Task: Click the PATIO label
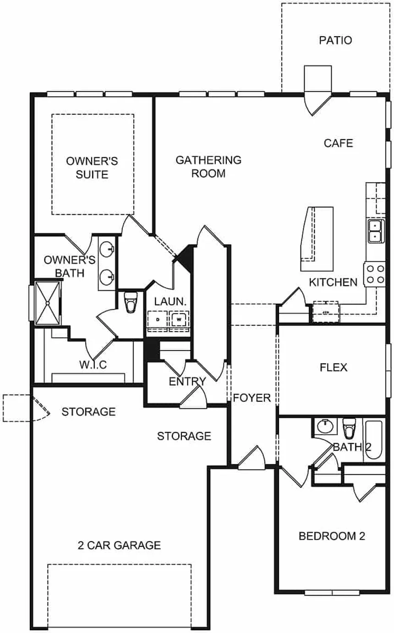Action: pyautogui.click(x=335, y=40)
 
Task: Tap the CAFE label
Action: pyautogui.click(x=339, y=143)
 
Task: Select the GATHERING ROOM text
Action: pyautogui.click(x=208, y=167)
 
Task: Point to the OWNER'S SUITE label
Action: pyautogui.click(x=92, y=168)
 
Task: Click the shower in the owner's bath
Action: pyautogui.click(x=48, y=303)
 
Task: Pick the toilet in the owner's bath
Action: pyautogui.click(x=131, y=302)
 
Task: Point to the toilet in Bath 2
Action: pyautogui.click(x=350, y=428)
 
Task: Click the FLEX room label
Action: pyautogui.click(x=333, y=368)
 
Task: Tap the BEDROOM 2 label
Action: pyautogui.click(x=332, y=536)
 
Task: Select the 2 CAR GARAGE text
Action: pyautogui.click(x=119, y=545)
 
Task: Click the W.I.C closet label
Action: pyautogui.click(x=93, y=365)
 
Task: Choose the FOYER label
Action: pyautogui.click(x=252, y=398)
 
